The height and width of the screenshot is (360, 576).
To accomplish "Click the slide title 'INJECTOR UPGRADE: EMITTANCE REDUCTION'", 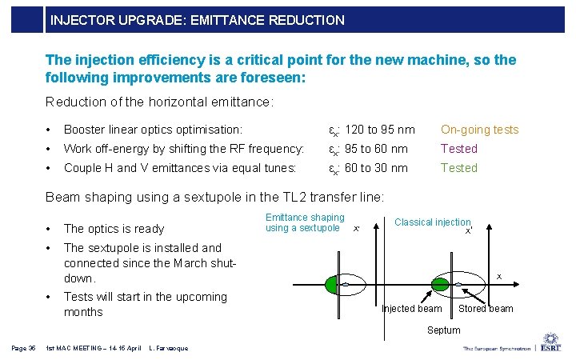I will tap(197, 20).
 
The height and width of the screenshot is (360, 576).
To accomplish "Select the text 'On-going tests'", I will tap(479, 130).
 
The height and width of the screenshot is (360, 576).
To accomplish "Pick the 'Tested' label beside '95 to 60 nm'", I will tap(458, 149).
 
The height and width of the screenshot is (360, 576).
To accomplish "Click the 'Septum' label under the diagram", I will tap(443, 330).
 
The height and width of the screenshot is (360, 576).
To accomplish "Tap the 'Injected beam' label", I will tap(412, 309).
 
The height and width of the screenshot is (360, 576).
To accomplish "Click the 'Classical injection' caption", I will tap(432, 222).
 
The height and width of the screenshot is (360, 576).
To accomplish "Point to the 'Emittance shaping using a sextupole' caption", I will tap(305, 222).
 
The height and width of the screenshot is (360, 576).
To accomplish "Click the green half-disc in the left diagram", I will tap(333, 284).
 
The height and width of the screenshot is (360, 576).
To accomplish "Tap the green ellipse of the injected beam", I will tap(441, 284).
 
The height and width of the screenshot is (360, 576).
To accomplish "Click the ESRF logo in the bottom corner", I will tap(553, 342).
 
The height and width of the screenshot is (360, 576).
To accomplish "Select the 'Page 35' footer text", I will tap(23, 348).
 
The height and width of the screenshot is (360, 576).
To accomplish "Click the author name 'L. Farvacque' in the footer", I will tap(168, 348).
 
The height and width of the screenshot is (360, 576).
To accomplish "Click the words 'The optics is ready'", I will tap(114, 229).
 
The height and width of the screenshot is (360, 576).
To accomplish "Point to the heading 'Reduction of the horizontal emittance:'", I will tap(160, 102).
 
